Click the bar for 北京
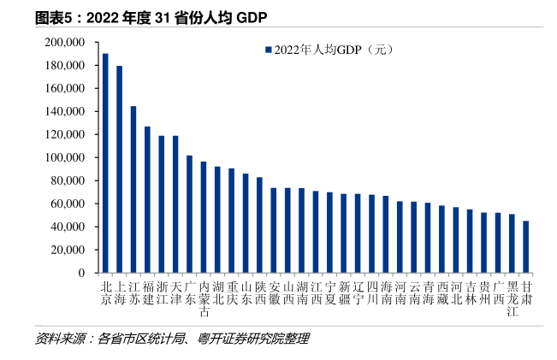coord(105,162)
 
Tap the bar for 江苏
coord(133,189)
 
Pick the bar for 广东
coord(189,214)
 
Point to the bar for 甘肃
coord(525,247)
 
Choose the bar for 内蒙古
coord(204,217)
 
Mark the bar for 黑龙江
coord(512,244)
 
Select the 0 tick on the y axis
coord(80,274)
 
